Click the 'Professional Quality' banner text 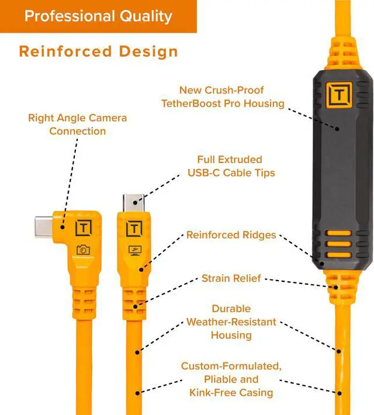[x=98, y=16]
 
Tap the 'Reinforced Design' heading [x=98, y=51]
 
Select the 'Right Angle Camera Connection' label [x=77, y=124]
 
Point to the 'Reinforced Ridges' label [x=231, y=235]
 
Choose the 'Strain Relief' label [x=231, y=278]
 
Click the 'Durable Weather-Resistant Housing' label [x=231, y=321]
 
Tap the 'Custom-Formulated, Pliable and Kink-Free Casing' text [x=231, y=379]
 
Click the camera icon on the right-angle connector [x=83, y=250]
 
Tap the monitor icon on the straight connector [x=135, y=250]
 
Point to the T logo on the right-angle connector [x=83, y=227]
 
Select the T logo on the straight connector [x=135, y=228]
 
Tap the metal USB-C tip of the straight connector [x=134, y=203]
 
